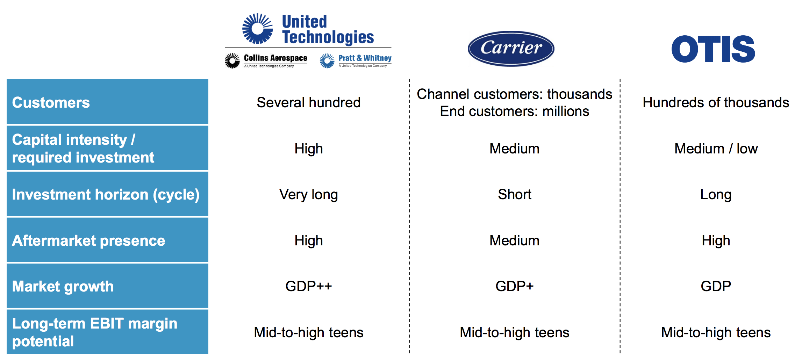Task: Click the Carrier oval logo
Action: (x=511, y=48)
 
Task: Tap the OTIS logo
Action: (x=713, y=49)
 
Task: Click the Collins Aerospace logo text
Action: (x=275, y=58)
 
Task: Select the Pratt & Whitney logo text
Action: (x=365, y=58)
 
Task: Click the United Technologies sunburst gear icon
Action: (x=258, y=29)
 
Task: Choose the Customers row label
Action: (x=51, y=102)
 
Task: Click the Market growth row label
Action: (x=63, y=287)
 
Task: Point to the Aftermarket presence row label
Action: (x=88, y=240)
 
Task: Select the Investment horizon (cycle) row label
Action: (x=106, y=195)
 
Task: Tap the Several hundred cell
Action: (x=309, y=102)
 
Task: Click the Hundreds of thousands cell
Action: (x=716, y=102)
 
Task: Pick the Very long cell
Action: (x=309, y=195)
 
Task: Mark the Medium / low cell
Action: (x=716, y=149)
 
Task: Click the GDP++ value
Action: (x=309, y=286)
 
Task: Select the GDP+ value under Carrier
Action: (x=515, y=286)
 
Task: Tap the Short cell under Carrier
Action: (x=515, y=194)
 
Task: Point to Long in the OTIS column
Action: (x=716, y=195)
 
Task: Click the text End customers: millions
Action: (x=515, y=111)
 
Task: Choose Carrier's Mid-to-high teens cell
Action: (x=515, y=332)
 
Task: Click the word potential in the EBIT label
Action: (x=43, y=341)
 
